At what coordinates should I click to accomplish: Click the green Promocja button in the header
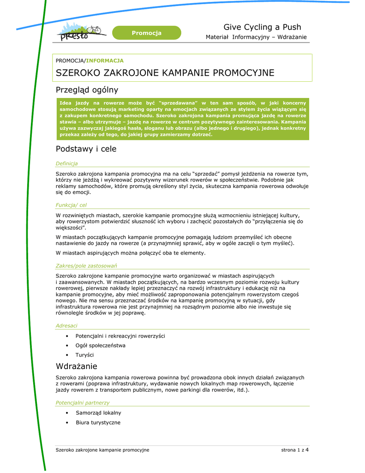147,33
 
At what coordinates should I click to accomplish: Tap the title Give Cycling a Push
262,27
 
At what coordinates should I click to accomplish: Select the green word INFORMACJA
105,61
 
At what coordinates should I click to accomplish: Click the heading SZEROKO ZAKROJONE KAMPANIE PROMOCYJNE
165,73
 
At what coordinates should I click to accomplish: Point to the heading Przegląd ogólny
87,90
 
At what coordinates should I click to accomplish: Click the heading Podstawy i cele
86,149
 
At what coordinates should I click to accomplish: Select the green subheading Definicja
66,164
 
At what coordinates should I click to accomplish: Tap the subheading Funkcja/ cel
71,205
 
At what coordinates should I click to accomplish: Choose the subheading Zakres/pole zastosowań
86,266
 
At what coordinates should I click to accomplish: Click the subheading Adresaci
66,326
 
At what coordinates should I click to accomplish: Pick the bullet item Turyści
84,355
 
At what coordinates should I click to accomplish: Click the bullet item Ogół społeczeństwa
100,345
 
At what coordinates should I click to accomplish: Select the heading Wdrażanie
76,366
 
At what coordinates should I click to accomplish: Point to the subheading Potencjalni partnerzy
82,403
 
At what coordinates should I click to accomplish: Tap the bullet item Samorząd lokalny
98,413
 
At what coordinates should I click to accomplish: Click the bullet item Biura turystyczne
98,423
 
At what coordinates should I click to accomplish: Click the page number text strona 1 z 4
295,450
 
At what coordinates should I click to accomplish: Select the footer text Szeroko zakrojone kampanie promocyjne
102,450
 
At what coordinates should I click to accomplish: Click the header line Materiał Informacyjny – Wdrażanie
256,37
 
